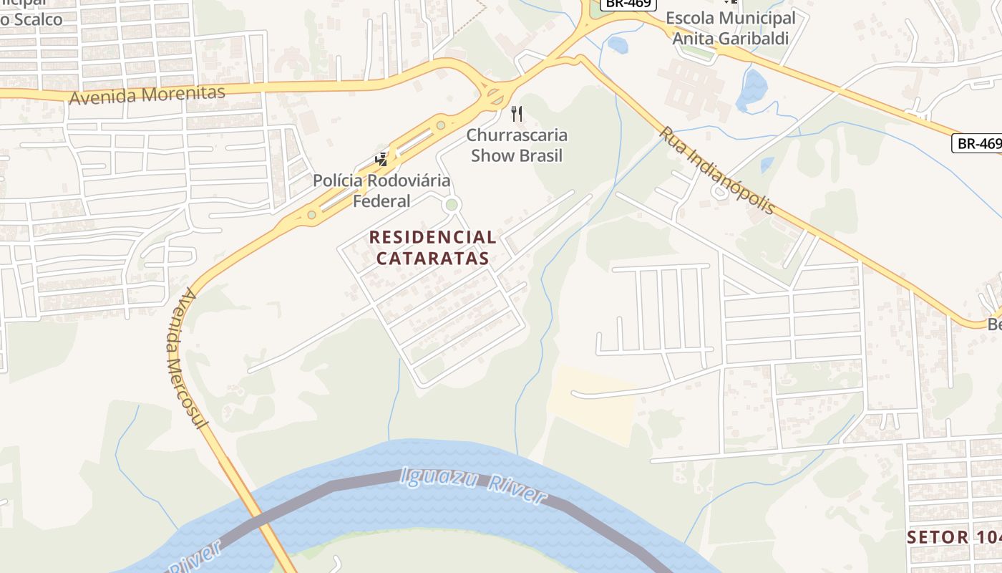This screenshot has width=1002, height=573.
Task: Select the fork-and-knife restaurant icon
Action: click(x=517, y=113)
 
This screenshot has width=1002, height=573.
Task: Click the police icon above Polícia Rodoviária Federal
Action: click(x=381, y=159)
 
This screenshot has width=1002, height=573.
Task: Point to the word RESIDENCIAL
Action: click(x=432, y=237)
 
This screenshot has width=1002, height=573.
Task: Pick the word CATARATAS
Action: click(x=432, y=258)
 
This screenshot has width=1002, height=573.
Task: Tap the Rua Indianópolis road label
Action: click(x=717, y=170)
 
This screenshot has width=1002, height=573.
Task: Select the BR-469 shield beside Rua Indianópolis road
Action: click(x=978, y=143)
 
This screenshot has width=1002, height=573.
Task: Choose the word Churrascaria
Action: click(x=517, y=135)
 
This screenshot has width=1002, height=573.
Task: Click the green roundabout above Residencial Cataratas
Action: click(x=452, y=205)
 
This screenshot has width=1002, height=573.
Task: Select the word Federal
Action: click(x=381, y=201)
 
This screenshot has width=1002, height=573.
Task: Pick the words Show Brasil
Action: click(x=517, y=155)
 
